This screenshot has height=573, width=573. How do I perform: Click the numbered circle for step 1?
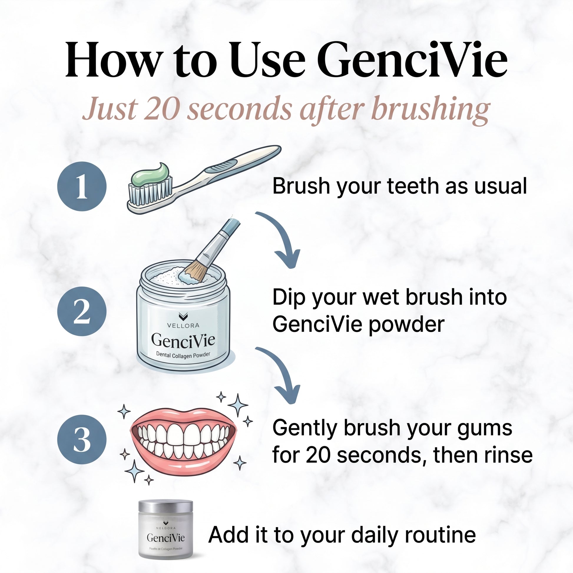pos(82,186)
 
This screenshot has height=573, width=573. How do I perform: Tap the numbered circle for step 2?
pos(82,311)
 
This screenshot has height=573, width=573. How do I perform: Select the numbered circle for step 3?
pos(82,439)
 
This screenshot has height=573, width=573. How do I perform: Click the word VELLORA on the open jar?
pos(183,325)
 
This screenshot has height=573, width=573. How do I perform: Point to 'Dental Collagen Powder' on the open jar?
pos(183,355)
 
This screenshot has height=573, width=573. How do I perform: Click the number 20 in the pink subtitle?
pos(163,109)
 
